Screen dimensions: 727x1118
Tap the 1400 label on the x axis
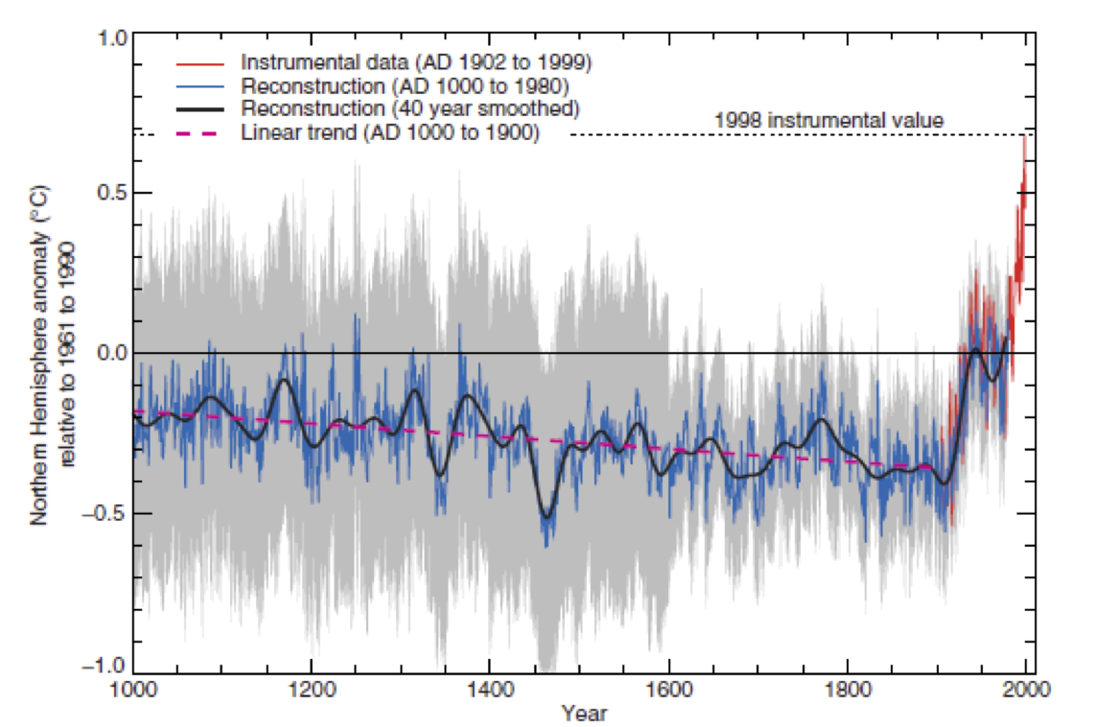click(490, 691)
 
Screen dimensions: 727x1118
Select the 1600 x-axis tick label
click(668, 691)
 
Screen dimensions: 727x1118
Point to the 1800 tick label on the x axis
click(847, 691)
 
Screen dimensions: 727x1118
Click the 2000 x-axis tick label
click(1025, 691)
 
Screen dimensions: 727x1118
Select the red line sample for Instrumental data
click(199, 63)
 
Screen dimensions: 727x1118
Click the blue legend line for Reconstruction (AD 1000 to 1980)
click(199, 86)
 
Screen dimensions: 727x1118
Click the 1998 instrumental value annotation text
click(829, 121)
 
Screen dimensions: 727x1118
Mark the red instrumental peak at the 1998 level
click(1025, 137)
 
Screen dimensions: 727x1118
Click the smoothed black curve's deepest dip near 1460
click(547, 517)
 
